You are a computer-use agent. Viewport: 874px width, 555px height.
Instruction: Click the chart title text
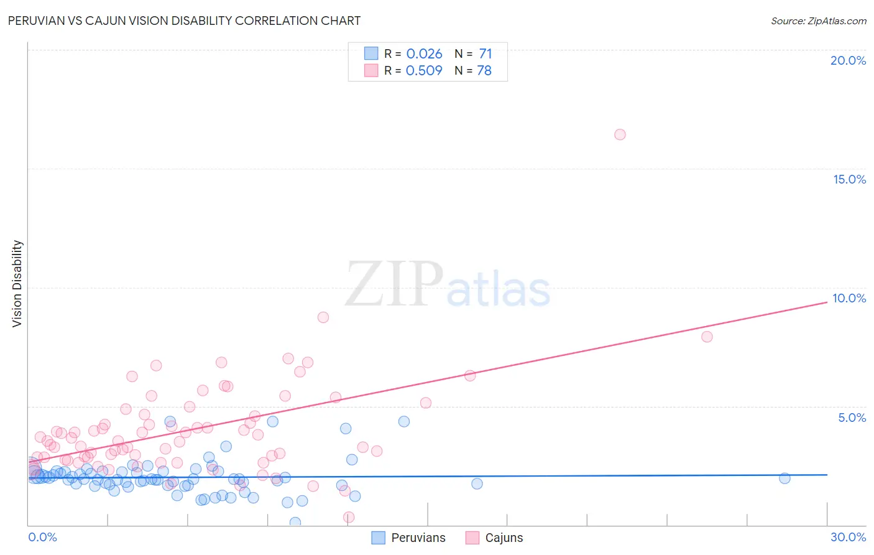pos(184,21)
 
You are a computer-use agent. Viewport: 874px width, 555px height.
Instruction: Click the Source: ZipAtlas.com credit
pos(818,21)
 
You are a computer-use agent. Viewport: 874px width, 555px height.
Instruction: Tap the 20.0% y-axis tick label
pos(848,60)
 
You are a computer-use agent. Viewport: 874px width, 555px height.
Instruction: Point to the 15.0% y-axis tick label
pos(849,179)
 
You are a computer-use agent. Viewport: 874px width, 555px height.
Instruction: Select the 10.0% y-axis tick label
pos(849,298)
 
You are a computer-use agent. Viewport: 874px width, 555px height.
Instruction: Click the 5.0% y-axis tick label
pos(852,417)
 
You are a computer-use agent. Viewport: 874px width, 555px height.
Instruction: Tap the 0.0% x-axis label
pos(42,537)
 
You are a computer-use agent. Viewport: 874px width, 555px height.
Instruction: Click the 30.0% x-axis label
pos(848,537)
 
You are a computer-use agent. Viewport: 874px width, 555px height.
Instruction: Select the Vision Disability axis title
pos(17,283)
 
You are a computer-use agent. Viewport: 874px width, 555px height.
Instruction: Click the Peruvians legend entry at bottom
pos(418,538)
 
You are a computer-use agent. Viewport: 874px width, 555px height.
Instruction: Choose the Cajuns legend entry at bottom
pos(504,538)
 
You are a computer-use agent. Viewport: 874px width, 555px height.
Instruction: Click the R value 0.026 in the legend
pos(424,54)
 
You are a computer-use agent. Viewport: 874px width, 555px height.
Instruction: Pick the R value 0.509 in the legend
pos(424,70)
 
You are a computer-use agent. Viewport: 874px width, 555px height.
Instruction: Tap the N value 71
pos(485,54)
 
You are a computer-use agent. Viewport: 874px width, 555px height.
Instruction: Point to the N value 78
pos(484,70)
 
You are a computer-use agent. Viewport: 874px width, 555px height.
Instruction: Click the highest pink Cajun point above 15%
pos(620,134)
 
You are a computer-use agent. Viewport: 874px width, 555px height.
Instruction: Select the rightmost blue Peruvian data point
pos(784,478)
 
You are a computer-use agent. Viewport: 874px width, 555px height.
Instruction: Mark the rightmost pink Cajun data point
pos(707,337)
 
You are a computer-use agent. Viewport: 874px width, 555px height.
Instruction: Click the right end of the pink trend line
pos(827,302)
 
